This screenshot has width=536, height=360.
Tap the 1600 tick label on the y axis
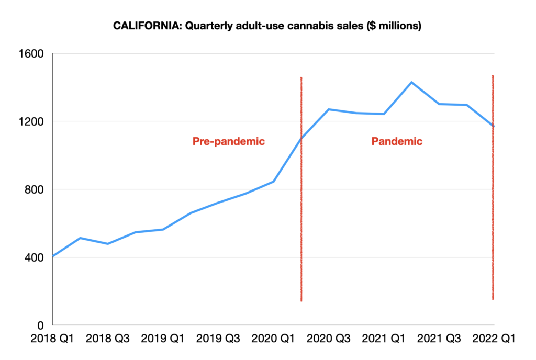click(33, 54)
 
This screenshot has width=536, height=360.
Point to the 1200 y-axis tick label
click(33, 121)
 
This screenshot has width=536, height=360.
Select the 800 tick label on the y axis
click(36, 189)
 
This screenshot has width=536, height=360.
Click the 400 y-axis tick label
click(36, 257)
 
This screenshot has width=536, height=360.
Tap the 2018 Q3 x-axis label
click(107, 339)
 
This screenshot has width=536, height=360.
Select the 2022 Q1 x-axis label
click(493, 339)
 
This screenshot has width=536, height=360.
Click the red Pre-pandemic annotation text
click(229, 141)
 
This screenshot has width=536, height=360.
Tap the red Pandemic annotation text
click(397, 141)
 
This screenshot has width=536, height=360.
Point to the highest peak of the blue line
click(411, 82)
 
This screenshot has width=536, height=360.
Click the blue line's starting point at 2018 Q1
click(53, 256)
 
